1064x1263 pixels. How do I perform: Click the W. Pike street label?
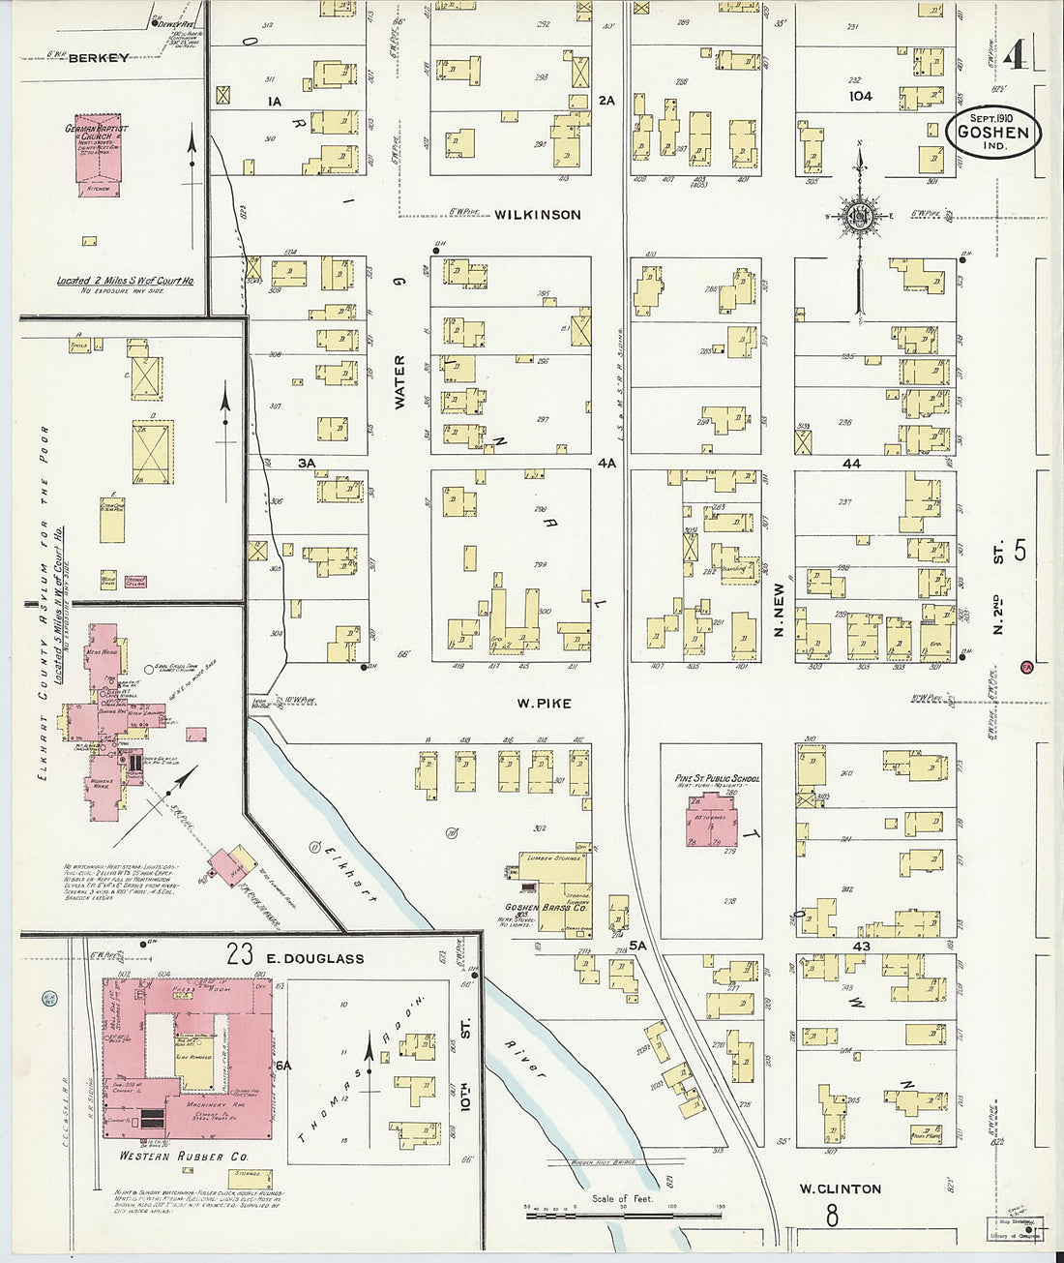[x=543, y=704]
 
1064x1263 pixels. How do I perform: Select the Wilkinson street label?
[x=538, y=215]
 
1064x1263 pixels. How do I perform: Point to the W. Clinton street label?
[x=840, y=1188]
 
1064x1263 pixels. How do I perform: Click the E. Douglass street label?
[x=314, y=958]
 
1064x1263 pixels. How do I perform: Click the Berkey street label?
[x=99, y=58]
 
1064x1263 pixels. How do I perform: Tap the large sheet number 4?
[x=1014, y=56]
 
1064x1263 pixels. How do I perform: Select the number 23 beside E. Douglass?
[x=240, y=955]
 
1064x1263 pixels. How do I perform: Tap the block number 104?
[x=860, y=97]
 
